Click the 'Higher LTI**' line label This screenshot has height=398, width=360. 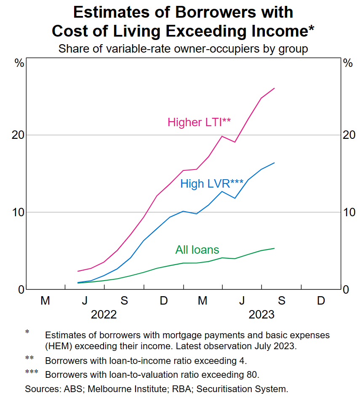click(x=199, y=122)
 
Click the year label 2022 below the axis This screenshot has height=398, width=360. click(x=104, y=314)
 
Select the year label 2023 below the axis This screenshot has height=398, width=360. click(x=261, y=314)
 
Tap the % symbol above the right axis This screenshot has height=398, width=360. click(x=348, y=64)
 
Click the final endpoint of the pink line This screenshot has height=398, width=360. click(x=275, y=88)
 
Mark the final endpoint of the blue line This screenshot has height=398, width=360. click(x=275, y=163)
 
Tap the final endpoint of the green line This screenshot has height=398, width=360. click(x=275, y=248)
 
